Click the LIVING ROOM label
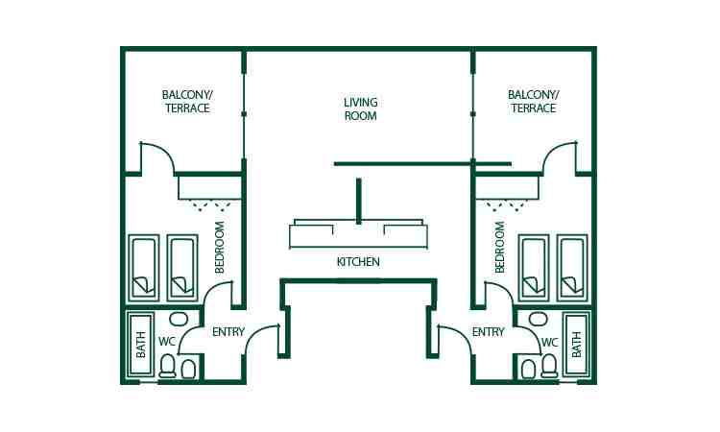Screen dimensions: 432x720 tap(360, 108)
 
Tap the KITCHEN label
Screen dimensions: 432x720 tap(358, 262)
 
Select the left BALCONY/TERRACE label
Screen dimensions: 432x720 tap(185, 102)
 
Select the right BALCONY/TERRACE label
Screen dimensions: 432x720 tap(532, 102)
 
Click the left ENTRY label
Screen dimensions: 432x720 tap(228, 332)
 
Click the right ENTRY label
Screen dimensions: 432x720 tap(488, 332)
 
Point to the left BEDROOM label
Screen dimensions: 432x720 tap(220, 248)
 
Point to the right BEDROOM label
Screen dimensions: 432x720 tap(500, 248)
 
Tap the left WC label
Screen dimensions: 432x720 tap(167, 341)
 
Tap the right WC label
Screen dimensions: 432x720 tap(549, 341)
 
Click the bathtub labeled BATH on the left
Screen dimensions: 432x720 tap(140, 345)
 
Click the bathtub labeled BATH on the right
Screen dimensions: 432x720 tap(577, 345)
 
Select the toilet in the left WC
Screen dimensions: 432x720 tap(169, 366)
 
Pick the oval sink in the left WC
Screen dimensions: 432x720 tap(178, 319)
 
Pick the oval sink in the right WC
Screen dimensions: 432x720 tap(539, 319)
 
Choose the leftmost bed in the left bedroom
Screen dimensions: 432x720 tap(143, 267)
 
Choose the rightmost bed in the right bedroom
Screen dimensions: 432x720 tap(572, 267)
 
